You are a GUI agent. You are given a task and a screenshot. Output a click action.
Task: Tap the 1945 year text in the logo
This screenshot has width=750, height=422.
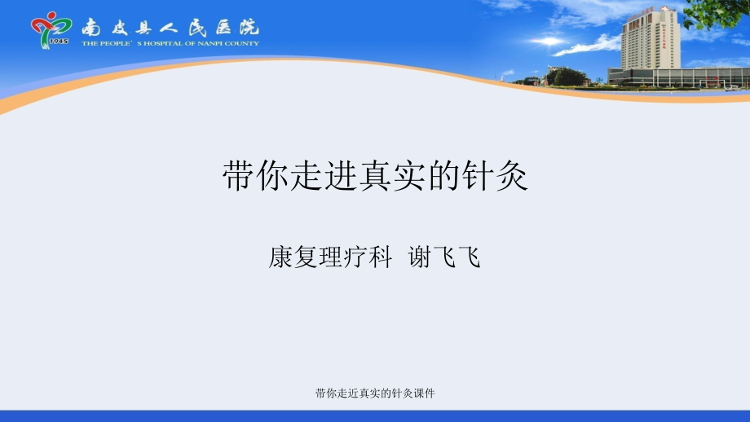(58, 42)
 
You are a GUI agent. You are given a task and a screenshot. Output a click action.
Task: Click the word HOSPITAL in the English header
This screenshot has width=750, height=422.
(160, 43)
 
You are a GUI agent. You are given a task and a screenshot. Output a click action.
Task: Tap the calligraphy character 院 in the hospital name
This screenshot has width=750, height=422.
(245, 26)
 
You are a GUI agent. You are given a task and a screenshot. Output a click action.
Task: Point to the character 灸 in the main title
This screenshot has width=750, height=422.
(513, 176)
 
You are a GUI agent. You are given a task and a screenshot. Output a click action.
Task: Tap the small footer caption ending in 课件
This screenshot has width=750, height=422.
(375, 393)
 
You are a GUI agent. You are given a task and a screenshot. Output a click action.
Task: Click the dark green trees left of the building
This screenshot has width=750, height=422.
(566, 77)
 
